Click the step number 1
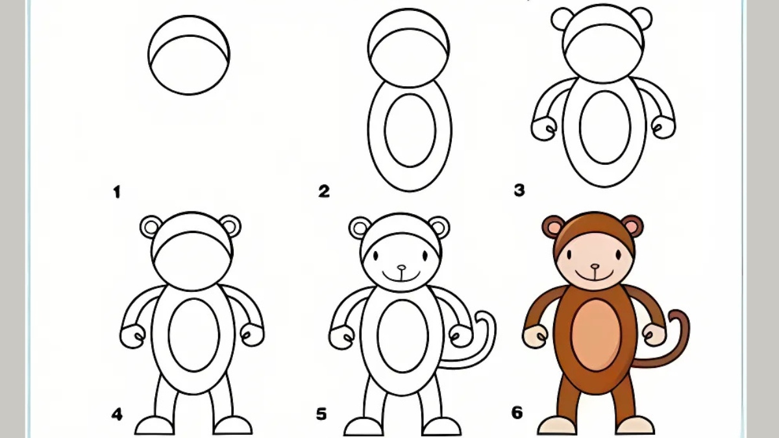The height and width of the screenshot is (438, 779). click(x=117, y=192)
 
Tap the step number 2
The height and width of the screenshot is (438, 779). click(x=324, y=191)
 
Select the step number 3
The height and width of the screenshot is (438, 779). click(x=519, y=191)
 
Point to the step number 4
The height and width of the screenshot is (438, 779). click(x=117, y=414)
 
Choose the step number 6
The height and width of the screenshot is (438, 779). click(x=517, y=413)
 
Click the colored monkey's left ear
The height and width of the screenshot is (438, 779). click(x=553, y=226)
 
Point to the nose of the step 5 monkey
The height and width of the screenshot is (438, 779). click(x=401, y=267)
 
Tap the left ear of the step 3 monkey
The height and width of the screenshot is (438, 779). click(x=562, y=18)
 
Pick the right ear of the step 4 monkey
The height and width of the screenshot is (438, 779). click(x=230, y=226)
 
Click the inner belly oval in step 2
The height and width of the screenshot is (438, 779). click(x=410, y=129)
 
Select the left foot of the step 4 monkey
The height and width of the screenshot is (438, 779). click(x=155, y=426)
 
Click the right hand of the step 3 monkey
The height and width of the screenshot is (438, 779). click(x=663, y=127)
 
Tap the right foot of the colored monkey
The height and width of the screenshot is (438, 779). click(x=635, y=426)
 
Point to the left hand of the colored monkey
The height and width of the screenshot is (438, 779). click(x=535, y=336)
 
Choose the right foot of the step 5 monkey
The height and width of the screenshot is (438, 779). click(x=441, y=426)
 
